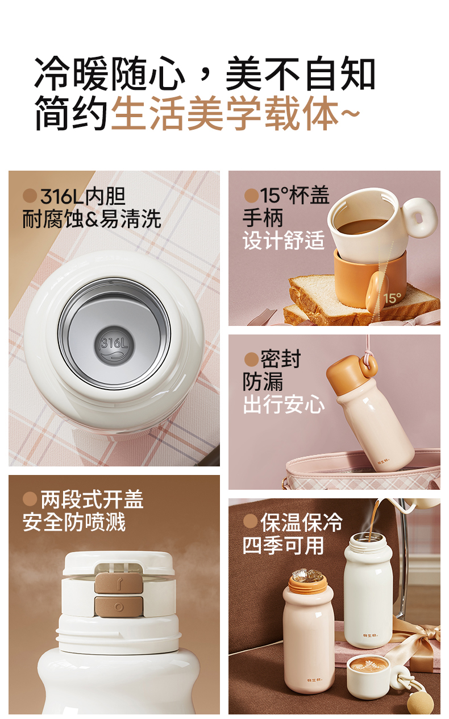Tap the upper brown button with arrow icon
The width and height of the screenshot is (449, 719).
click(119, 582)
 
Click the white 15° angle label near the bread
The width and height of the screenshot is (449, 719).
click(392, 298)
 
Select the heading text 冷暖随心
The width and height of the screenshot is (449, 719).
click(110, 73)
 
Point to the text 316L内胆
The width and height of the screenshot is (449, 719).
click(83, 196)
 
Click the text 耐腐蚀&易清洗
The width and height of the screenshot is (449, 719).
click(92, 219)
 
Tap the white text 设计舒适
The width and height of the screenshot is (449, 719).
click(284, 240)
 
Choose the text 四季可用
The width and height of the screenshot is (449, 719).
click(283, 546)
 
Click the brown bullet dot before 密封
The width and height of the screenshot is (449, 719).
click(251, 359)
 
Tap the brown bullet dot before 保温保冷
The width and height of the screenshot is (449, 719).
click(251, 520)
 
